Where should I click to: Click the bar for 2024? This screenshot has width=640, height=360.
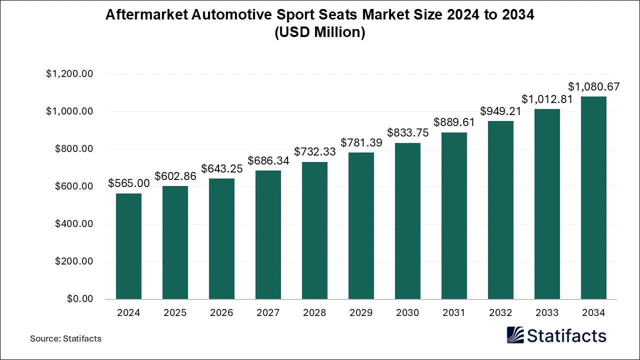click(x=128, y=246)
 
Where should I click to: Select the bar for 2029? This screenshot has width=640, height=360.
click(x=361, y=225)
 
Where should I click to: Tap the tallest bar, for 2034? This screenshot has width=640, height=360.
click(x=593, y=197)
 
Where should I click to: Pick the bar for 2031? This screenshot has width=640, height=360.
click(x=454, y=215)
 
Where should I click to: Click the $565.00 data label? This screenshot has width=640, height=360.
click(x=128, y=183)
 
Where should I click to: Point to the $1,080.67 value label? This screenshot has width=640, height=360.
click(x=593, y=86)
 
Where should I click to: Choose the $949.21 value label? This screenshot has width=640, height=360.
click(x=500, y=111)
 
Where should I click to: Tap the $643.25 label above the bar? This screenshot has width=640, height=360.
click(x=221, y=168)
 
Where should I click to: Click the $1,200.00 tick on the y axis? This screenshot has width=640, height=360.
click(x=69, y=74)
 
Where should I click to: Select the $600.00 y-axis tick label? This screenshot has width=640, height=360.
click(x=74, y=186)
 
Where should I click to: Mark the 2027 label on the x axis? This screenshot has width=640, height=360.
click(x=268, y=313)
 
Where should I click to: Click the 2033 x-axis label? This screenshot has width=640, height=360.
click(x=547, y=313)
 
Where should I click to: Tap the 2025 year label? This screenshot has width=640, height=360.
click(x=175, y=313)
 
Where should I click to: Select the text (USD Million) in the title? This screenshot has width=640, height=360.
click(x=320, y=32)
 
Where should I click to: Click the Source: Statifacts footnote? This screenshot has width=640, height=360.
click(x=65, y=338)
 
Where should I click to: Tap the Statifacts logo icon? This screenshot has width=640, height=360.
click(x=515, y=335)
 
